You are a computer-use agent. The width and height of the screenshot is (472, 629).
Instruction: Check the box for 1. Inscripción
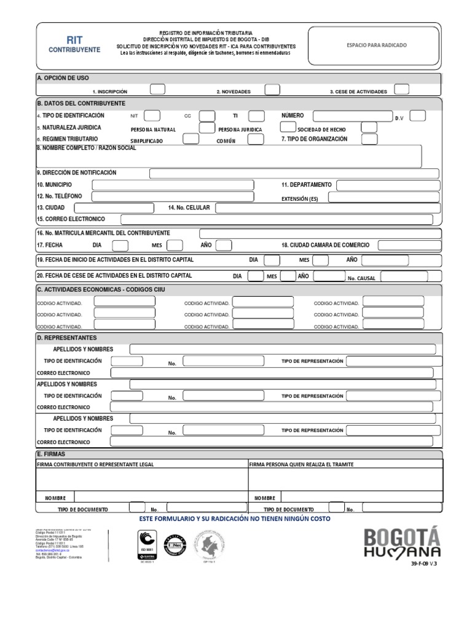[x=157, y=89]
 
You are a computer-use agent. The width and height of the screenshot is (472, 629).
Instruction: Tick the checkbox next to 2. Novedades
[x=272, y=89]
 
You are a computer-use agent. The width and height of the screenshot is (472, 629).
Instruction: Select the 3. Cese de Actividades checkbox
[x=401, y=89]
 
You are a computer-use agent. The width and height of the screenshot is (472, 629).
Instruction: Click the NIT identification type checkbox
[x=152, y=116]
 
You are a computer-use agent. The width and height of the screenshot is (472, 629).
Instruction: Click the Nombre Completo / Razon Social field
[x=229, y=157]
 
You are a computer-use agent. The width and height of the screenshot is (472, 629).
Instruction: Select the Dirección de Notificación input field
[x=294, y=173]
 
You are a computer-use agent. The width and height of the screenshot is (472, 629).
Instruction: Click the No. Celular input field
[x=327, y=208]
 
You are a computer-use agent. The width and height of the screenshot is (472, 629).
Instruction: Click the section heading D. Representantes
[x=66, y=338]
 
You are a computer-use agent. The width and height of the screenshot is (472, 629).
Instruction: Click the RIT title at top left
[x=74, y=40]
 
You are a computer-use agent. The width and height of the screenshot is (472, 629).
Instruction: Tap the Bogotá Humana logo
[x=403, y=542]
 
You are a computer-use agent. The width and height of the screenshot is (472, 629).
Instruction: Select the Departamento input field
[x=387, y=185]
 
